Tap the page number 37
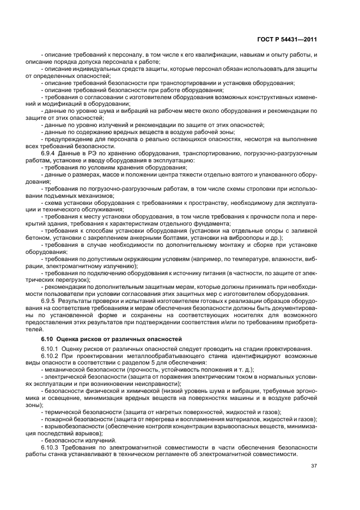tap(314, 465)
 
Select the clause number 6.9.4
tap(50, 154)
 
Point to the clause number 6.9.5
tap(50, 301)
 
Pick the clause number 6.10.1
tap(52, 349)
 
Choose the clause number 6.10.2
tap(52, 356)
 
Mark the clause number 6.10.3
tap(52, 447)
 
